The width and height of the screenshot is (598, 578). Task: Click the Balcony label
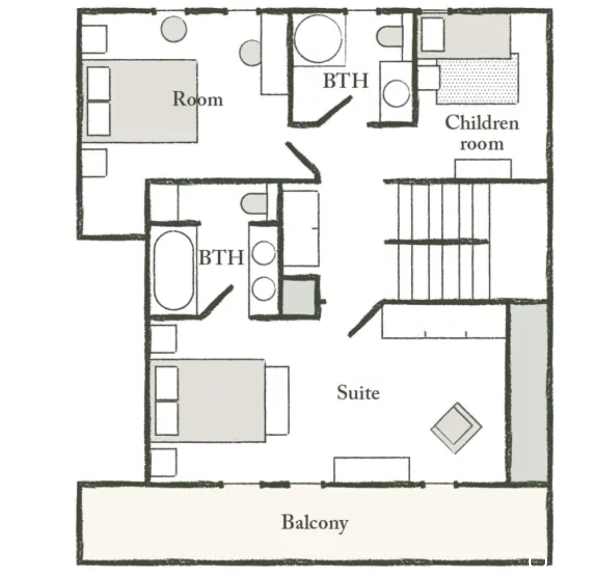coord(315,523)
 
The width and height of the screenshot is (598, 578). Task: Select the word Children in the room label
coord(482,123)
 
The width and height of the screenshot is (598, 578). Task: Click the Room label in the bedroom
coord(198,99)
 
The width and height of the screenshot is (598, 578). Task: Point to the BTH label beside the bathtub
coord(221,257)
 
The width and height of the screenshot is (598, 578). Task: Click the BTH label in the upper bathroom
coord(346,80)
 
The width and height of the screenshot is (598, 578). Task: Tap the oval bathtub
coord(173,270)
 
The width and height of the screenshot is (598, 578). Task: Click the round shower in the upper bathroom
coord(318,39)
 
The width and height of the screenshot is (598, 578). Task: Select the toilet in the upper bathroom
coord(390,36)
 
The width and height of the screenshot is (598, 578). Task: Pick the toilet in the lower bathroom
coord(254,204)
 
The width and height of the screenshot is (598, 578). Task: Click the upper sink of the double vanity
coord(264,253)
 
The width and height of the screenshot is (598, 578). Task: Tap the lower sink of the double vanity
coord(264,289)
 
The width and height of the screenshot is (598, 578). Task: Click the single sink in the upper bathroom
coord(396,93)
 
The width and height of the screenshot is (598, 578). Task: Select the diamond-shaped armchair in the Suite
coord(456,428)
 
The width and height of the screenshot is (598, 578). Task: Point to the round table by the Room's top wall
coord(174,29)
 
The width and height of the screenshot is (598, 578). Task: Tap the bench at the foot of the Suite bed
coord(277,400)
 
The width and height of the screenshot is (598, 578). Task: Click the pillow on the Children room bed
coord(433,34)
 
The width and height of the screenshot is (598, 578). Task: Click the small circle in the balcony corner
coord(537,561)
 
